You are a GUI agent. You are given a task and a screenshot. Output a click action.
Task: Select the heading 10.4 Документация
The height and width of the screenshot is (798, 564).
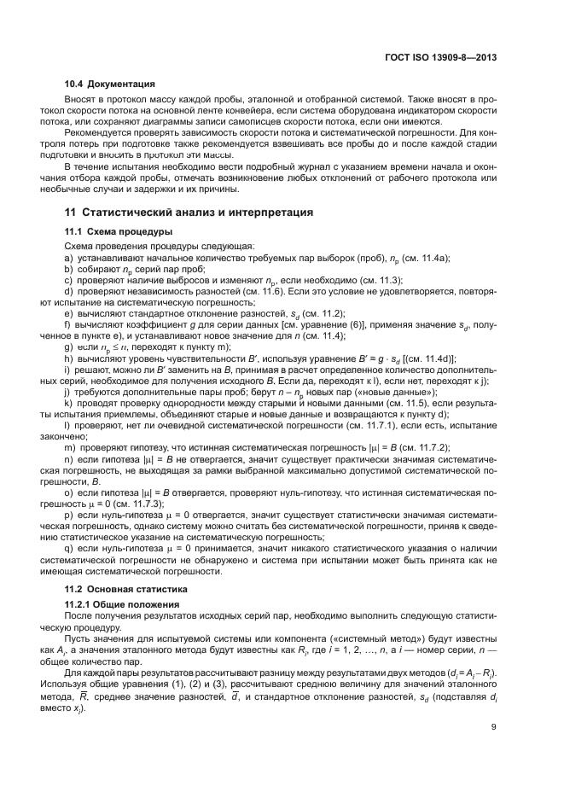[110, 84]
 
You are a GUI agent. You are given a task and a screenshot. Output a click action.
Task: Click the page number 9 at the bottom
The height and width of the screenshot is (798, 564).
[494, 727]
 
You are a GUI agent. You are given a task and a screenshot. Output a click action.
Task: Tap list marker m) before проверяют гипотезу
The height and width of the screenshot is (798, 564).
[70, 447]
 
